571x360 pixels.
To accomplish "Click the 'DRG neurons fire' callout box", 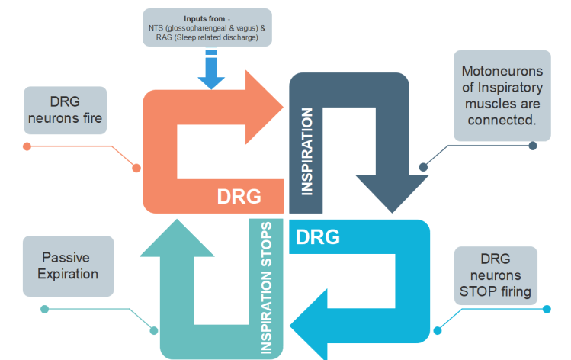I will tap(64, 110).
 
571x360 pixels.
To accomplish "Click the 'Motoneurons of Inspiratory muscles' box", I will tap(503, 95).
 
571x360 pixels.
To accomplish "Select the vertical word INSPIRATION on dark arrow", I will tap(307, 151).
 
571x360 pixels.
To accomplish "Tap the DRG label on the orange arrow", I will tap(239, 196).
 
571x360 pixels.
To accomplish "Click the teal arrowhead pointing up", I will tap(178, 238).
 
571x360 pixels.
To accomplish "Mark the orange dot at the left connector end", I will tap(27, 146).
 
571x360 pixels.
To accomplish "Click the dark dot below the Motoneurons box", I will tap(533, 146).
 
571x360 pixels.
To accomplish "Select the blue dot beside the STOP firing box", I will tap(547, 309).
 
